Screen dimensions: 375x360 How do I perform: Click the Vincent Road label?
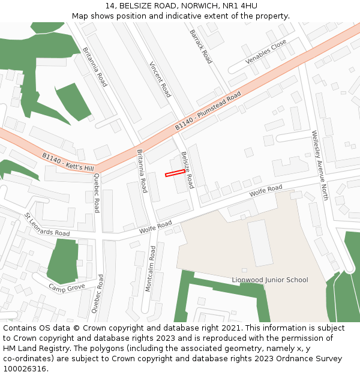(160, 79)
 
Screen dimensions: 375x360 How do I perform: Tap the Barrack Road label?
(200, 47)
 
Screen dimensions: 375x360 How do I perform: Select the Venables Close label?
(266, 53)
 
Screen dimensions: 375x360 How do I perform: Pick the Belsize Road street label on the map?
(187, 170)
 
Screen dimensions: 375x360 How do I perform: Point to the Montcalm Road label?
(151, 269)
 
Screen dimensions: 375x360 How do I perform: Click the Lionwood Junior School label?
(270, 280)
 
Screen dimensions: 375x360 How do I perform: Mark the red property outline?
(175, 173)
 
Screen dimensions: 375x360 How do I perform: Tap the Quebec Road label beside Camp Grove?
(97, 294)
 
